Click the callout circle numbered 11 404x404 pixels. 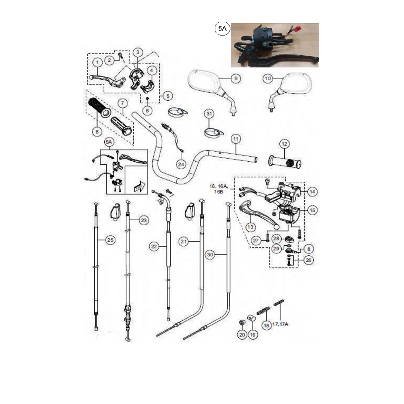pyautogui.click(x=235, y=139)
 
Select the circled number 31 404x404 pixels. pyautogui.click(x=209, y=114)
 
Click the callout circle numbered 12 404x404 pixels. pyautogui.click(x=285, y=144)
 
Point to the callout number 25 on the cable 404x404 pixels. pyautogui.click(x=110, y=241)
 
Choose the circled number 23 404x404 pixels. pyautogui.click(x=144, y=221)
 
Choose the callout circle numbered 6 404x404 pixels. pyautogui.click(x=147, y=111)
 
